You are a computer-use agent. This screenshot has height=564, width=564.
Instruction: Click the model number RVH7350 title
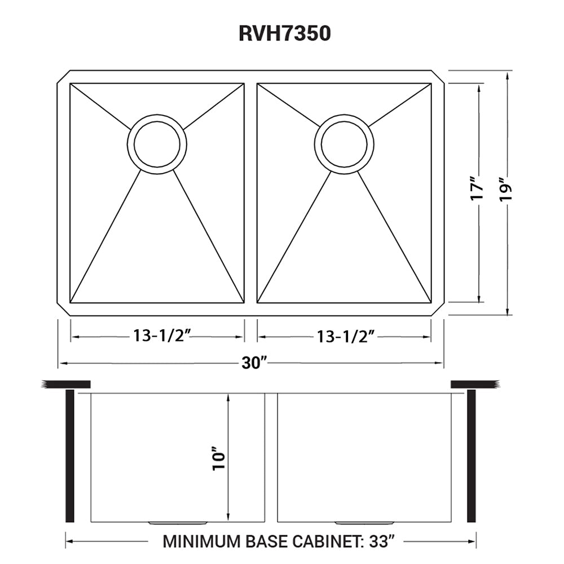[284, 33]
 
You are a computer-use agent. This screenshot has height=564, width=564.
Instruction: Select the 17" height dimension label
[477, 188]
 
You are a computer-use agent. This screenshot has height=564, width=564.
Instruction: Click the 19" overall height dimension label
[506, 188]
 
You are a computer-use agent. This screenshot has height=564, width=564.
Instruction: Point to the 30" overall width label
[254, 363]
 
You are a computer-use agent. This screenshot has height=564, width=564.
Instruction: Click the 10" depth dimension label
[219, 459]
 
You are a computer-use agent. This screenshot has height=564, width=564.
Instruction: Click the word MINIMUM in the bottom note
[202, 541]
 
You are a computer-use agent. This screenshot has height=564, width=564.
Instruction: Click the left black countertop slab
[66, 384]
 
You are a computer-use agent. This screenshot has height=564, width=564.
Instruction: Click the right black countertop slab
[475, 384]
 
